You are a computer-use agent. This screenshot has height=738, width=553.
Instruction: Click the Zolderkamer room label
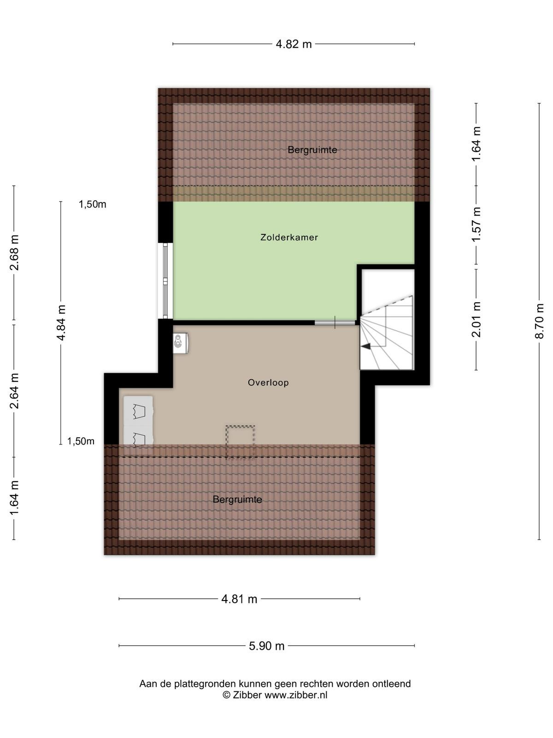289,238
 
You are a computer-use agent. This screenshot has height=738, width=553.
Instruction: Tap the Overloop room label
268,383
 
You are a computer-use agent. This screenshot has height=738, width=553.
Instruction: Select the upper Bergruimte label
312,150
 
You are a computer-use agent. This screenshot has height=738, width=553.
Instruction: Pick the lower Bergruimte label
237,500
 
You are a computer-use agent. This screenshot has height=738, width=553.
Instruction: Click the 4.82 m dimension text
294,44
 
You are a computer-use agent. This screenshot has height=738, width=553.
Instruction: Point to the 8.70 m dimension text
540,321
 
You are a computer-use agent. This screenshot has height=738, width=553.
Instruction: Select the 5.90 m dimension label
267,646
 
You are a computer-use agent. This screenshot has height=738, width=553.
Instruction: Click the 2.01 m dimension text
477,319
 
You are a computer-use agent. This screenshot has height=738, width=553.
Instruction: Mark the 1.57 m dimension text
477,224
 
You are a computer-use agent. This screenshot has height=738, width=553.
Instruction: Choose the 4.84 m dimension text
61,323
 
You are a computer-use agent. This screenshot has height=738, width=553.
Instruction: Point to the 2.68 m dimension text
14,253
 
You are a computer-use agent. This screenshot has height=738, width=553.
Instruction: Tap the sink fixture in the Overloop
180,343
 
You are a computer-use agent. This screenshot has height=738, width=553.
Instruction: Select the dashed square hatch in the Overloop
240,442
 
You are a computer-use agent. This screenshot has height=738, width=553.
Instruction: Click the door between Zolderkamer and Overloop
335,322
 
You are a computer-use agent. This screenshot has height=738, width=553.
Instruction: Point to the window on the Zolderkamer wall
165,281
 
